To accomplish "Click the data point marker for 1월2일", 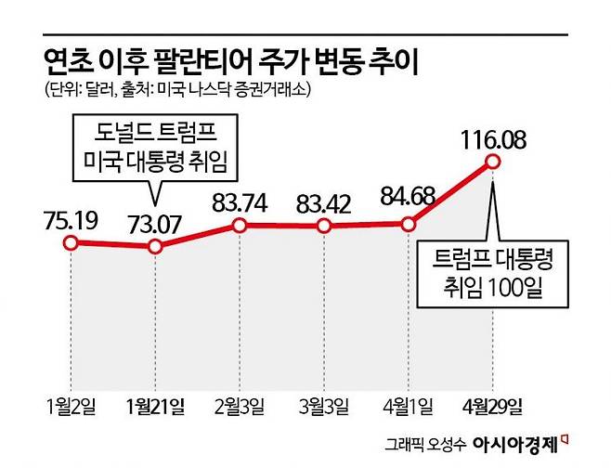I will [70, 242].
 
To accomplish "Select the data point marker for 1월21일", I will [155, 247].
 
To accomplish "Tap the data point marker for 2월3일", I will [240, 226].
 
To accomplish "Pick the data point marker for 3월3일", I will [323, 227].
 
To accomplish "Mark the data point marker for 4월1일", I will [408, 224].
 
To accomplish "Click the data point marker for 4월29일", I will [492, 163].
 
